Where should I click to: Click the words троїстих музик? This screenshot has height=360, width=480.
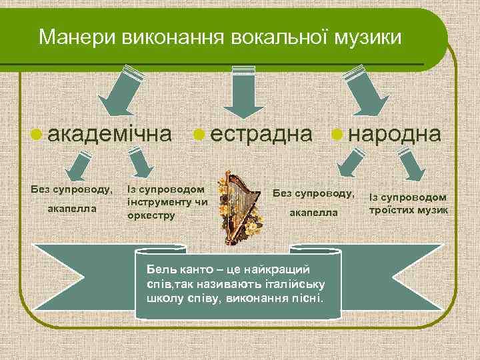pyautogui.click(x=408, y=209)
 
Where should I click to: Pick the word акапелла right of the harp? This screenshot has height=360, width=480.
pyautogui.click(x=314, y=212)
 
